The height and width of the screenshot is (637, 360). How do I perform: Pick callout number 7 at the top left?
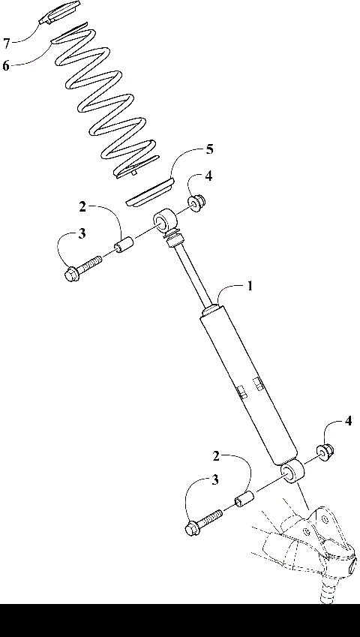pos(6,42)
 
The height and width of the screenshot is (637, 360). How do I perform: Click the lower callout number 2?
pos(216,456)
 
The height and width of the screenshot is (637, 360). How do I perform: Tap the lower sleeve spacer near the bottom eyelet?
pos(244,497)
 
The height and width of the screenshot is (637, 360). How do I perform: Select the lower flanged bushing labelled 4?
pos(325,451)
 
